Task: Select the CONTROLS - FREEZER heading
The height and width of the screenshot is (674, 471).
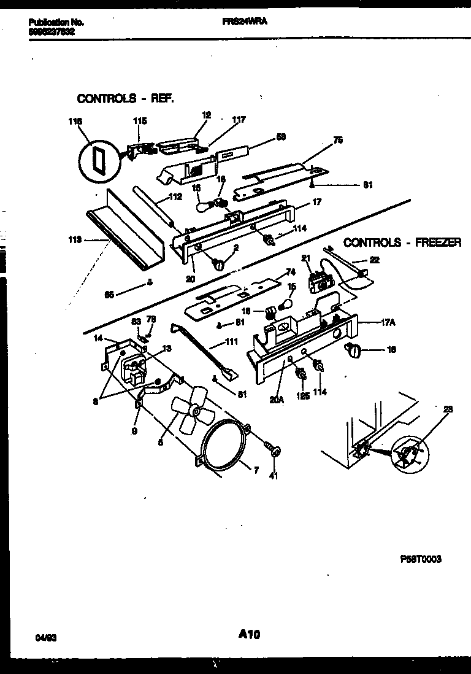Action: pyautogui.click(x=402, y=243)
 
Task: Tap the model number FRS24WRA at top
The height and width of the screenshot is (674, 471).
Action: pyautogui.click(x=244, y=21)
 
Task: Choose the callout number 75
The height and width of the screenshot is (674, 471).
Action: pyautogui.click(x=337, y=141)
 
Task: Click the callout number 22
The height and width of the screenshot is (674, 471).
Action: pyautogui.click(x=374, y=260)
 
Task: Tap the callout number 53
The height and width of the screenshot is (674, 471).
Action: pyautogui.click(x=281, y=137)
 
